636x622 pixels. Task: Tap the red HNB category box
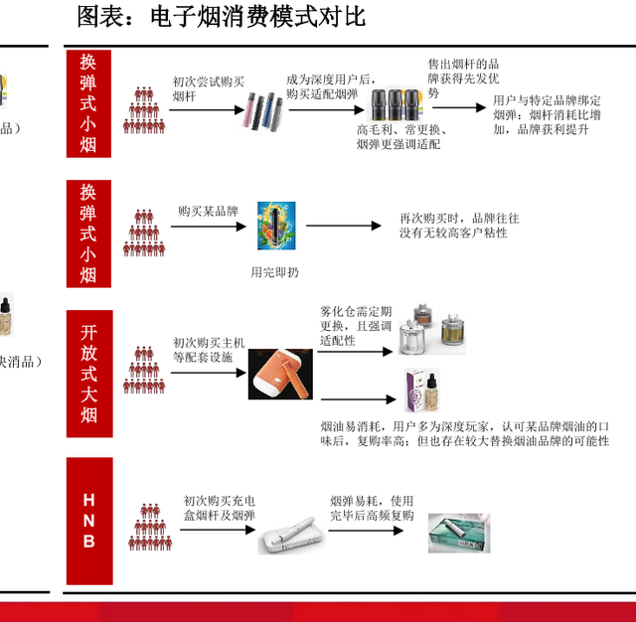point(88,521)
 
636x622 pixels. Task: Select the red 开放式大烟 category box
point(88,374)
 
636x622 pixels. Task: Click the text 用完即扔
point(274,271)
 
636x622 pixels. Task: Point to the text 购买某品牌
point(209,212)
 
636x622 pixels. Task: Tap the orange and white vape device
point(279,374)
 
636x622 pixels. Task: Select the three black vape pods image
point(397,105)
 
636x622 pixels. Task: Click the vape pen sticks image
point(263,112)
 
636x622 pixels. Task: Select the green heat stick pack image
point(458,534)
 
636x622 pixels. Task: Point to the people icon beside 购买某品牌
point(143,233)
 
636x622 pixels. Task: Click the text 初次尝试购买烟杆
point(208,89)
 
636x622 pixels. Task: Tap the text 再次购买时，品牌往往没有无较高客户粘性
point(459,225)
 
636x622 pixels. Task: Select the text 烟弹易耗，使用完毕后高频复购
point(372,508)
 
